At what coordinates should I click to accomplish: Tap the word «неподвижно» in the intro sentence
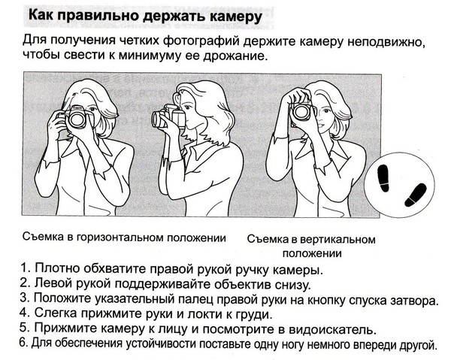click(386, 41)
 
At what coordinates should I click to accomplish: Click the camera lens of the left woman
click(77, 119)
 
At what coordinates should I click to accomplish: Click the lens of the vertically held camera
click(301, 112)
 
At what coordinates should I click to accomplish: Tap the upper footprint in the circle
click(383, 178)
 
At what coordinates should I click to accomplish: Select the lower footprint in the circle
click(416, 195)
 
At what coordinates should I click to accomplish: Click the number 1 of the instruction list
click(25, 268)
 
